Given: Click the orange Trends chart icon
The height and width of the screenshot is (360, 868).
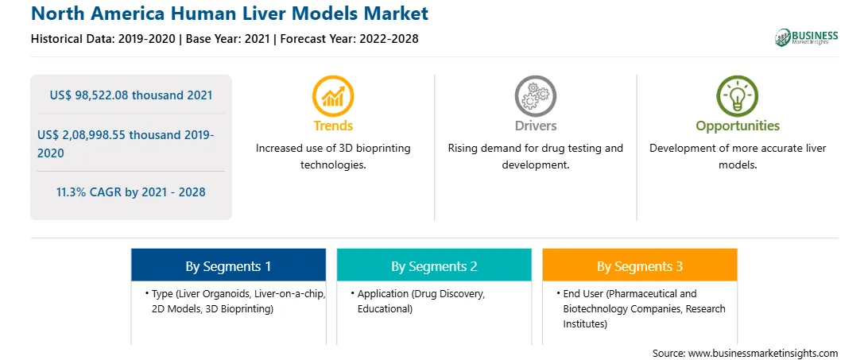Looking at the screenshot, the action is pos(333,96).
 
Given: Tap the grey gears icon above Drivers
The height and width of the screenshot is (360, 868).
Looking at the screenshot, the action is pos(535,96).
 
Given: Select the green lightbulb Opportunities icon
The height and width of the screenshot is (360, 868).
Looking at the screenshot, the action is pos(738,96).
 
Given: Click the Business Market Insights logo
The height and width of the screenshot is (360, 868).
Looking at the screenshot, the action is pos(807,37).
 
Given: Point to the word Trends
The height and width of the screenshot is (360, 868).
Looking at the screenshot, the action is pos(333,126).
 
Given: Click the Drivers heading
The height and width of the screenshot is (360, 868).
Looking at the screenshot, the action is pos(536,126).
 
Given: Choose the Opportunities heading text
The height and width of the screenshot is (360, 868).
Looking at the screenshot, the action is pos(738,126).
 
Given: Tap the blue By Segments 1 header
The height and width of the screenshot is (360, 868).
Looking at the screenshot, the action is pos(229,266).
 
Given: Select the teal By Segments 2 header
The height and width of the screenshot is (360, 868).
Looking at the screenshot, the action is pos(435,266).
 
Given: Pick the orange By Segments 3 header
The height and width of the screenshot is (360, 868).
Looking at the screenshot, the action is pos(640,266).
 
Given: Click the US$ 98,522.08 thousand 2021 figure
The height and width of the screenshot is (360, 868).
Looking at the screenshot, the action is pos(131,95).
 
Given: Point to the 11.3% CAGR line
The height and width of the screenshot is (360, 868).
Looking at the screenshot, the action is pos(130,192).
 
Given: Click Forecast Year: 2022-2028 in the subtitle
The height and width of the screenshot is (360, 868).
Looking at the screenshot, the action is pos(347,39).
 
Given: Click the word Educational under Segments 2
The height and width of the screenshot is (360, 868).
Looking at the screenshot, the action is pos(385,309).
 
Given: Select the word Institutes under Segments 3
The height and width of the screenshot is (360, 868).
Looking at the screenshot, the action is pos(585,323).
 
